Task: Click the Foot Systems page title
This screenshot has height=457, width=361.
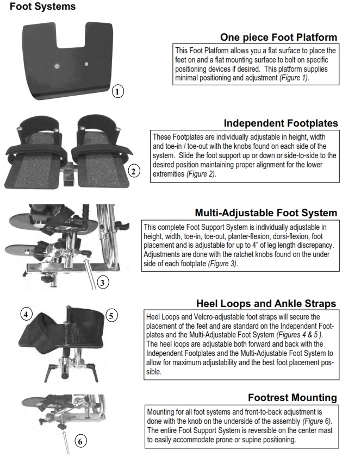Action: (43, 7)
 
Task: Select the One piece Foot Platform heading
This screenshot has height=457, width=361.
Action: (278, 37)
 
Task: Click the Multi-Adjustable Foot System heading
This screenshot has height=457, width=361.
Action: (266, 213)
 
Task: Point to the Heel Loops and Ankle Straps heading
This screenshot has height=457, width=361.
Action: (266, 303)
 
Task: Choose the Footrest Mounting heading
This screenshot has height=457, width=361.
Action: (292, 397)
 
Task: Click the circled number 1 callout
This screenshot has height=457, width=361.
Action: (118, 91)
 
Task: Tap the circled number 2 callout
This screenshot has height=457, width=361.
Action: (134, 172)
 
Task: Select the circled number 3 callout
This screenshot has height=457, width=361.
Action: (103, 282)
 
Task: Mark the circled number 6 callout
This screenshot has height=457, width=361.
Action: (79, 441)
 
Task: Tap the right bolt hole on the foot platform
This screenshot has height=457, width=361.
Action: (86, 64)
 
